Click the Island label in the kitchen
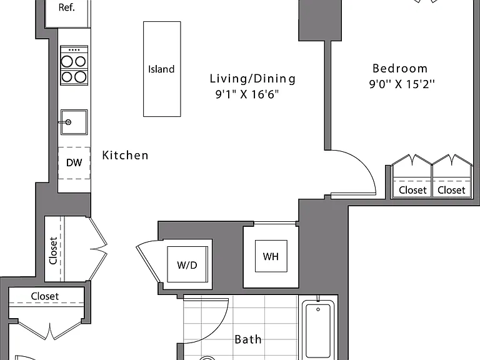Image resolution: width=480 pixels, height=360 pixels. [161, 69]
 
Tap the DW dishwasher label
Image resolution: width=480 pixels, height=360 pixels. [74, 162]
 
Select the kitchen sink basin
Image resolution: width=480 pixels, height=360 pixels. [74, 122]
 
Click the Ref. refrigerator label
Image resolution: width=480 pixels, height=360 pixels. [67, 7]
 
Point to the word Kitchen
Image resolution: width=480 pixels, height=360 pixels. [125, 155]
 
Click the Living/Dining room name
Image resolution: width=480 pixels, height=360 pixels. [252, 79]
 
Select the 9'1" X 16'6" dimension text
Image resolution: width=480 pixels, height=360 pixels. [247, 94]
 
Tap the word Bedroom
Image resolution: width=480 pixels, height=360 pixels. [400, 68]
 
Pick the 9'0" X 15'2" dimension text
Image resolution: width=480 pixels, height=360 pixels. [402, 84]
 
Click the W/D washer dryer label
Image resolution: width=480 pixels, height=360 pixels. [187, 265]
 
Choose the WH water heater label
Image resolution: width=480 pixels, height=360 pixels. [271, 256]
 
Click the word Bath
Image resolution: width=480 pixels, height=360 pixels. [248, 339]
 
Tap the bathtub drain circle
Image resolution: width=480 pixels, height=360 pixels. [318, 309]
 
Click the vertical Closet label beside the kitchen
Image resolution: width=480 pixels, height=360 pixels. [53, 251]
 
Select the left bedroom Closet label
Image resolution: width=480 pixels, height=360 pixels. [412, 190]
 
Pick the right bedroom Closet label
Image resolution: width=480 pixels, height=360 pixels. [451, 190]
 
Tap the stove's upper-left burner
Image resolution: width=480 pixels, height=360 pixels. [67, 61]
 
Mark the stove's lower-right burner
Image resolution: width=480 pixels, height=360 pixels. [81, 77]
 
